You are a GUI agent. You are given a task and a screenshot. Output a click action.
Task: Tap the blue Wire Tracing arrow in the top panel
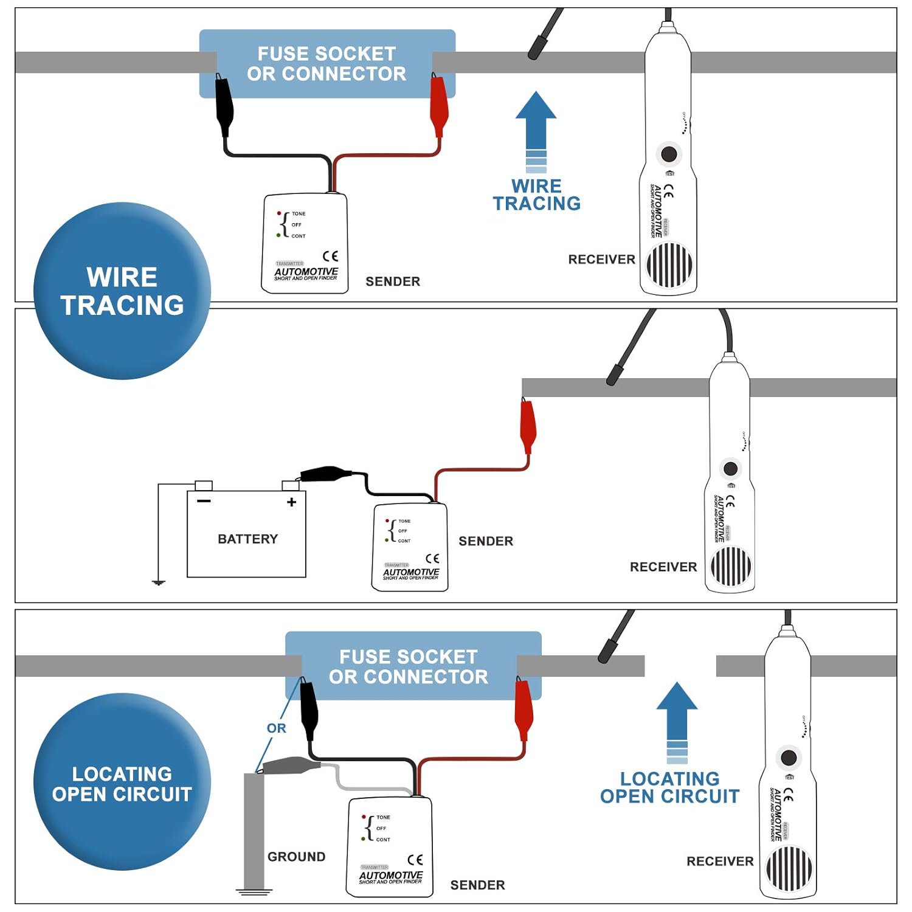[x=536, y=131]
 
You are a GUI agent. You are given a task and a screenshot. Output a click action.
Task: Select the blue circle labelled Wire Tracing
[x=122, y=291]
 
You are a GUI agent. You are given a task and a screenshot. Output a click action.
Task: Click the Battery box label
[x=247, y=539]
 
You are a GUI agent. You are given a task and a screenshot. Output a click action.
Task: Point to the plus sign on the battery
[x=292, y=502]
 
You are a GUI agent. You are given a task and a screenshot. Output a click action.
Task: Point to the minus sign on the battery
[x=204, y=501]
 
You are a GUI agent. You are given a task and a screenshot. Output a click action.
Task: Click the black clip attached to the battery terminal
[x=325, y=474]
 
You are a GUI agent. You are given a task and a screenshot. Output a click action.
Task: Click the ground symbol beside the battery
[x=159, y=582]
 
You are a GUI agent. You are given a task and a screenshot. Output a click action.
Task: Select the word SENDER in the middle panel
[x=486, y=541]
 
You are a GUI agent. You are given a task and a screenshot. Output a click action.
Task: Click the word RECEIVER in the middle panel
[x=663, y=567]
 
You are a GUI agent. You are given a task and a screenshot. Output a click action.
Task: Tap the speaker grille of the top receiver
[x=669, y=265]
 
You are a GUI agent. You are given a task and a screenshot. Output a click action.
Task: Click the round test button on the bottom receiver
[x=789, y=758]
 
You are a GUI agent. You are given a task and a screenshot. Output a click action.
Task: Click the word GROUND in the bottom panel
[x=296, y=857]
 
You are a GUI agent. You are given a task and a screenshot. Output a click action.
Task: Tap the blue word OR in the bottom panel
[x=276, y=728]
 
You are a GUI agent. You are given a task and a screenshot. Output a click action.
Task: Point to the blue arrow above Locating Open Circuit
[x=677, y=720]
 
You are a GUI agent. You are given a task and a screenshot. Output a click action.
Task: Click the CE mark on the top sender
[x=330, y=256]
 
